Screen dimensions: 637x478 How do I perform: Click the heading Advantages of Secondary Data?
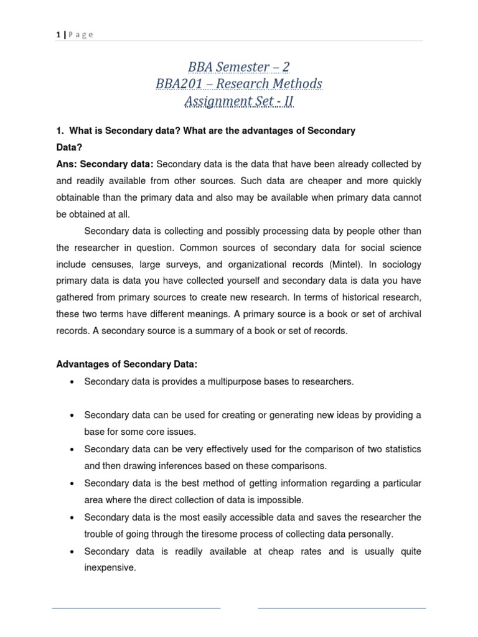click(127, 364)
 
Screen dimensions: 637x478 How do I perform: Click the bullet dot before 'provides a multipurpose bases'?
click(73, 382)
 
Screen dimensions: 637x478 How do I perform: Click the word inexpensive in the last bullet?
click(110, 567)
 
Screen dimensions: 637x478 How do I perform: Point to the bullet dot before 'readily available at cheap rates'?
click(73, 552)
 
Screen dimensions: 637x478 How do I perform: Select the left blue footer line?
click(136, 608)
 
